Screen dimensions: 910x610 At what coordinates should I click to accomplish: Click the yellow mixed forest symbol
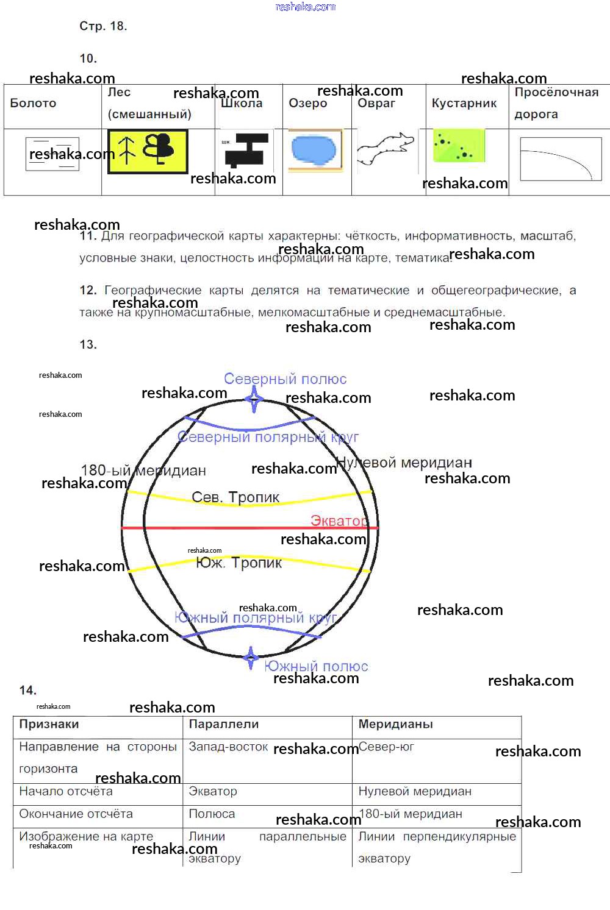148,151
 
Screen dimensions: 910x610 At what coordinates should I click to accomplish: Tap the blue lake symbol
314,150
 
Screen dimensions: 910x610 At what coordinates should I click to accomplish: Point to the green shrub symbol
459,145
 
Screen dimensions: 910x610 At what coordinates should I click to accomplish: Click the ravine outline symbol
385,149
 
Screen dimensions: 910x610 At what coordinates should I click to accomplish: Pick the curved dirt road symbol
560,159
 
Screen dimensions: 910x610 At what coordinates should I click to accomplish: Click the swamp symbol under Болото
52,154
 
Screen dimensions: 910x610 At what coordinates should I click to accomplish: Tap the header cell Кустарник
464,103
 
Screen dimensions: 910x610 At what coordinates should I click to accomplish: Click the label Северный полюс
285,379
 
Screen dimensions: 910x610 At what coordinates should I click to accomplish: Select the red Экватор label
339,521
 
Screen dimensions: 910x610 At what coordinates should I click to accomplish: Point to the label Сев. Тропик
235,497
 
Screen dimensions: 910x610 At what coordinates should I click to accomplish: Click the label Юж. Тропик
239,563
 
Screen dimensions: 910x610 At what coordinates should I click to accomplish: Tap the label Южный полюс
316,666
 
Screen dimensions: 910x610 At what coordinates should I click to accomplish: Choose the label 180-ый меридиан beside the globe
143,471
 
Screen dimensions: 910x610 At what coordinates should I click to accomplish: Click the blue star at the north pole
254,400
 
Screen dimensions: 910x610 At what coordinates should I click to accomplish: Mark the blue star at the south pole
250,658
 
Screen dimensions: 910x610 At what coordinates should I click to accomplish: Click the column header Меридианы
395,724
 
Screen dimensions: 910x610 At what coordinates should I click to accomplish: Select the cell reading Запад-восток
228,747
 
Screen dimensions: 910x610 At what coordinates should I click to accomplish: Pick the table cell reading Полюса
212,814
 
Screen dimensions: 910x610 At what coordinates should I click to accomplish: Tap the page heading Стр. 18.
103,26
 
